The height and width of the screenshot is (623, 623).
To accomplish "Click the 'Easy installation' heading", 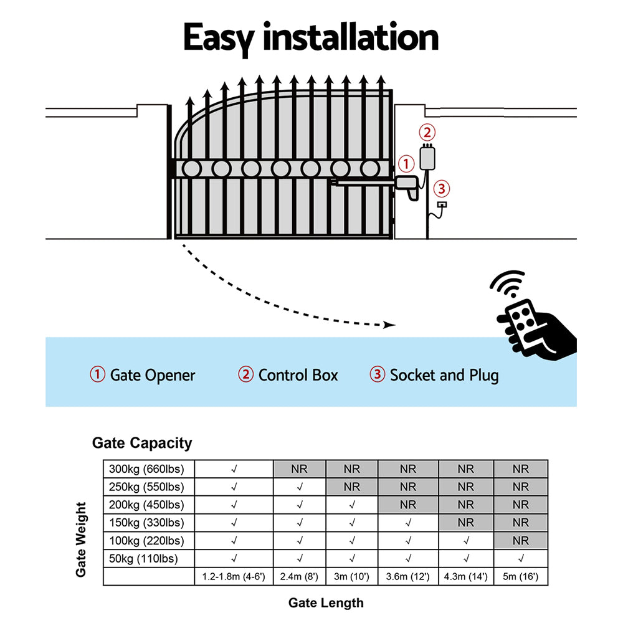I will [310, 39].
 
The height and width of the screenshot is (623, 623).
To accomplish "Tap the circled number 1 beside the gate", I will [406, 164].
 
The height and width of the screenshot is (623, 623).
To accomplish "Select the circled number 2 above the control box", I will [427, 132].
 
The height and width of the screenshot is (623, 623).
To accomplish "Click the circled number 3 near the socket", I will [440, 188].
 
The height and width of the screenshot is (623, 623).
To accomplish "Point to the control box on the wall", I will [427, 158].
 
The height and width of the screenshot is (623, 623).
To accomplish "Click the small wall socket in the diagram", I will [442, 204].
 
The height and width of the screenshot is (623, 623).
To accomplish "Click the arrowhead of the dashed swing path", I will [391, 325].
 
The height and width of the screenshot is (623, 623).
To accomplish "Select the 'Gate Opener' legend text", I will [152, 375].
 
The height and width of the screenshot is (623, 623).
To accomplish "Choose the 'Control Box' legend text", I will [298, 375].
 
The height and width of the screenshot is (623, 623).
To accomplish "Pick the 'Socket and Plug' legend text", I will [444, 375].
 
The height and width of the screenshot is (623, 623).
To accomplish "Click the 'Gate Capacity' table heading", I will [142, 443].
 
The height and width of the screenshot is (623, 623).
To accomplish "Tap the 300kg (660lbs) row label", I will [148, 469].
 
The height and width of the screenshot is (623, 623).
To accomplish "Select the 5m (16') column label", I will [520, 578].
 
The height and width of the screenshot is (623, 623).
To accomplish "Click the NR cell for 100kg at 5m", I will [520, 541].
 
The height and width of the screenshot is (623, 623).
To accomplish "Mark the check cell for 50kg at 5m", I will [520, 559].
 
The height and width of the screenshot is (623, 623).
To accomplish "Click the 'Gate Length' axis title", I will [325, 602].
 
